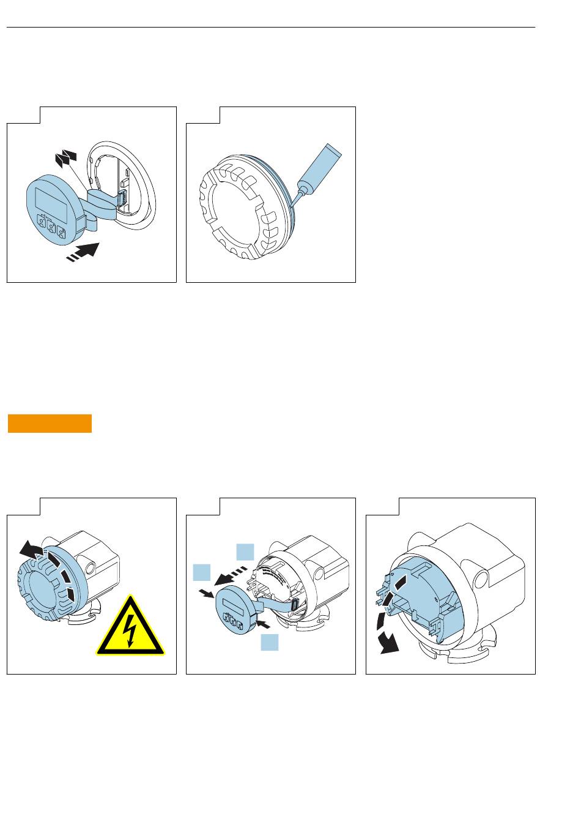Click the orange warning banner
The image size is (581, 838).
[50, 424]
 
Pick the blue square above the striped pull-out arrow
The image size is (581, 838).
[245, 551]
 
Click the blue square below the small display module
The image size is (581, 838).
[270, 642]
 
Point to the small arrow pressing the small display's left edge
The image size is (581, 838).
[207, 593]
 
